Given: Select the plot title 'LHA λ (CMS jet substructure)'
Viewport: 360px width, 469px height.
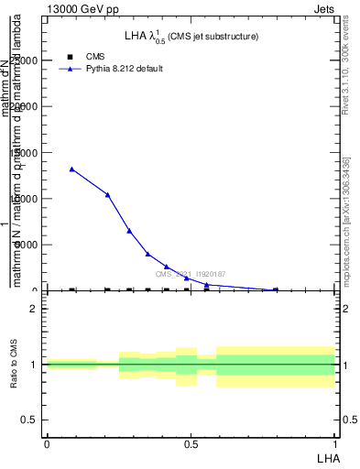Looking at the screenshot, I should tap(191, 37).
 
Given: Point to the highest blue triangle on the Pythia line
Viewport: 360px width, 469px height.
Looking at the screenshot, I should tap(72, 169).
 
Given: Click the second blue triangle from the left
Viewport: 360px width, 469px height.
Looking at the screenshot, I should tap(108, 194).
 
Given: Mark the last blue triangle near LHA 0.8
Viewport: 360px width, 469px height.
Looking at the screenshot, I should tap(276, 289).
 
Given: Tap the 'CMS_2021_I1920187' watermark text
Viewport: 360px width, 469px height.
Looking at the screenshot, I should tap(190, 274).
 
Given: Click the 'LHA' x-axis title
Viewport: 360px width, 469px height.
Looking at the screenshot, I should tap(328, 457).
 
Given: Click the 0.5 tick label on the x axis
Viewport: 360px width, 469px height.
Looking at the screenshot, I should tap(191, 444).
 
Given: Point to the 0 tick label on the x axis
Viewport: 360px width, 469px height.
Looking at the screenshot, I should tap(47, 444).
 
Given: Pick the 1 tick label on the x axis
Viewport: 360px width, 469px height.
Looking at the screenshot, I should tap(335, 444).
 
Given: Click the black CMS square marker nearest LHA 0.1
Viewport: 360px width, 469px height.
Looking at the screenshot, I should tap(72, 289).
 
